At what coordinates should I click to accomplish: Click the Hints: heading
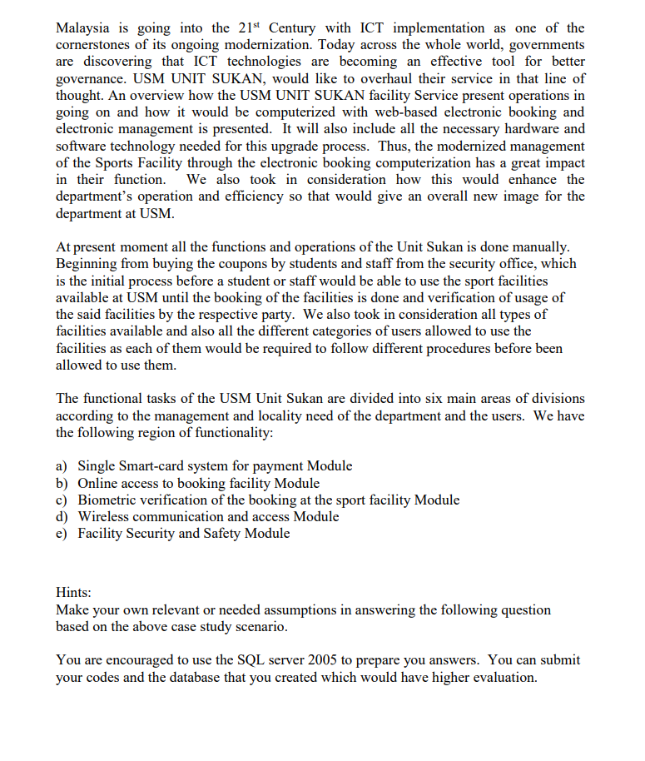[x=73, y=593]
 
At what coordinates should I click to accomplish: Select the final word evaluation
[x=504, y=677]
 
